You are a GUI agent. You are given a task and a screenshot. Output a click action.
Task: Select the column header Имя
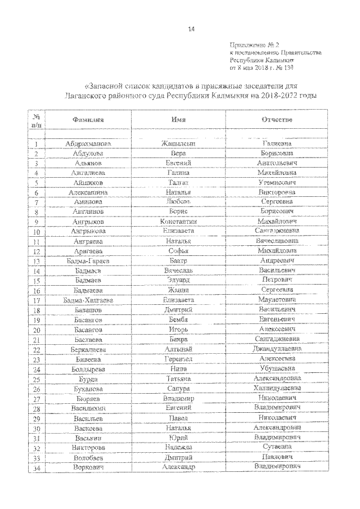(179, 120)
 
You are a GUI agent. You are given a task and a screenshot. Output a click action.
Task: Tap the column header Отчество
(274, 120)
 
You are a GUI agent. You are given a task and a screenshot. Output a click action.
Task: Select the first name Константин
(178, 222)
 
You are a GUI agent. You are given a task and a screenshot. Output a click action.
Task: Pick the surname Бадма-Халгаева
(87, 300)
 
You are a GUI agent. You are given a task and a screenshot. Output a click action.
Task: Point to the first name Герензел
(178, 359)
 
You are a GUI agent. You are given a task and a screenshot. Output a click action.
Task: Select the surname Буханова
(87, 389)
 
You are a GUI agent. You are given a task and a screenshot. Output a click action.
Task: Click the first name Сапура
(178, 389)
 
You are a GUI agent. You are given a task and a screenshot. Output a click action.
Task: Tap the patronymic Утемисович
(275, 182)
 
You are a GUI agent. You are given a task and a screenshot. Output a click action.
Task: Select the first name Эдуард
(178, 280)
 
